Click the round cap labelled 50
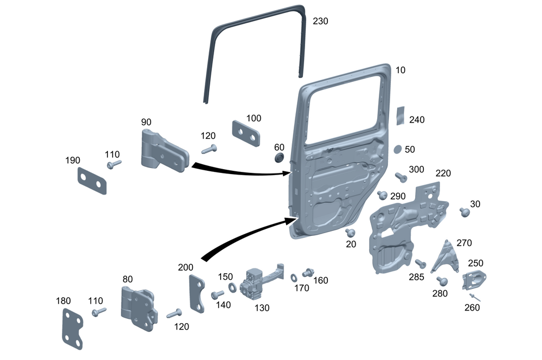click(397, 149)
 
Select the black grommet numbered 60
click(280, 157)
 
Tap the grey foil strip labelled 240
click(401, 115)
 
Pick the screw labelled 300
click(401, 177)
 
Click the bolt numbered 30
click(464, 212)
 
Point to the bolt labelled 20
click(350, 233)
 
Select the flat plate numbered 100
click(247, 133)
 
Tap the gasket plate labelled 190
click(92, 181)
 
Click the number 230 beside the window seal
click(320, 21)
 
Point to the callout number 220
click(443, 173)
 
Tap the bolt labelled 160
click(308, 272)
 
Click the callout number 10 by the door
click(400, 70)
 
